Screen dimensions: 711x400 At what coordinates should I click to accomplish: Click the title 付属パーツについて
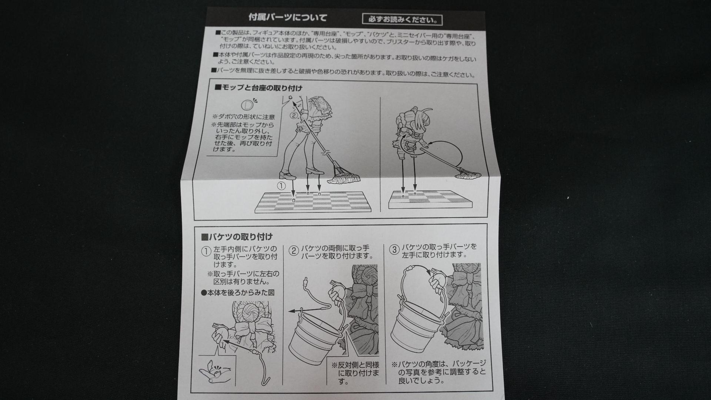[x=287, y=17]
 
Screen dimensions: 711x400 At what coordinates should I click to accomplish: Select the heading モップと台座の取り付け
[x=258, y=88]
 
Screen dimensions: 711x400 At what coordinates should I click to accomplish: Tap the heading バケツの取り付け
[x=237, y=237]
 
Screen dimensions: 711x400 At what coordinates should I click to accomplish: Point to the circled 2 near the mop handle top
[x=294, y=115]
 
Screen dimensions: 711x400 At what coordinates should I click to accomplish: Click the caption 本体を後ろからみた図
[x=238, y=292]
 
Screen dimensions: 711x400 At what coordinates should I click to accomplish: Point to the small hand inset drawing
[x=217, y=374]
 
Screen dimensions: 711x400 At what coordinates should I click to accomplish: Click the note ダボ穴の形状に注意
[x=243, y=117]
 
